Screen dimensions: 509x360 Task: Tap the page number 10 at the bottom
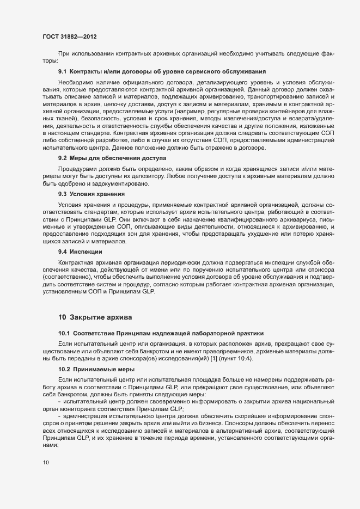tap(46, 463)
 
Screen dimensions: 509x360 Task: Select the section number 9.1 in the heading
tap(62, 71)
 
